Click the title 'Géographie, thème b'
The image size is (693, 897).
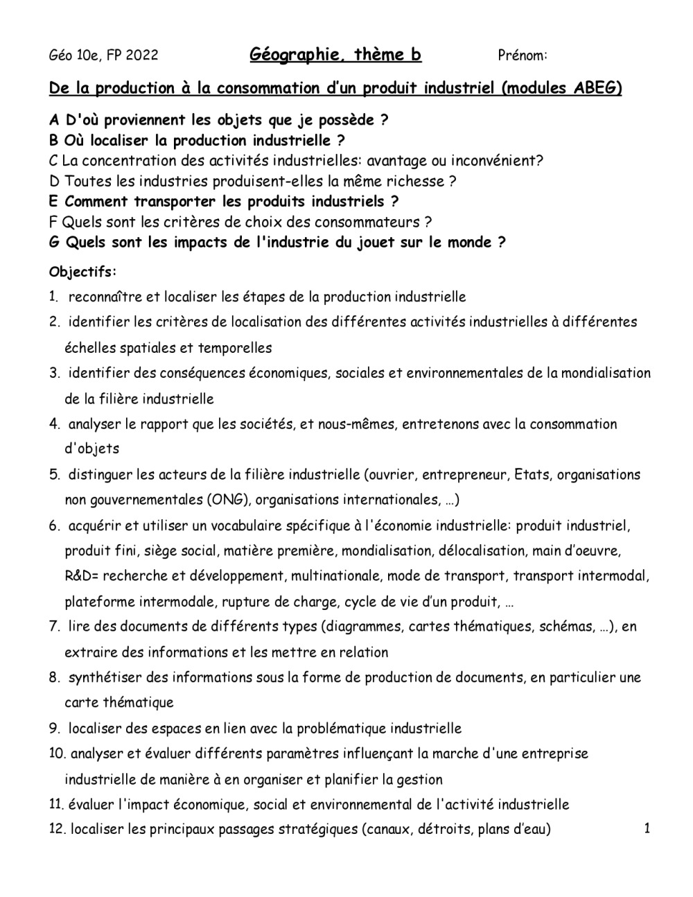(335, 54)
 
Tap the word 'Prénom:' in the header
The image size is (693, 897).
(523, 55)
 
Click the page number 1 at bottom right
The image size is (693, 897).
(647, 828)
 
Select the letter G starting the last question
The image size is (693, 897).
(54, 243)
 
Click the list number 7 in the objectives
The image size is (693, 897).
(53, 627)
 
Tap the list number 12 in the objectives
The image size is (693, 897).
(57, 829)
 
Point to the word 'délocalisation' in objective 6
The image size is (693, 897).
(478, 551)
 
